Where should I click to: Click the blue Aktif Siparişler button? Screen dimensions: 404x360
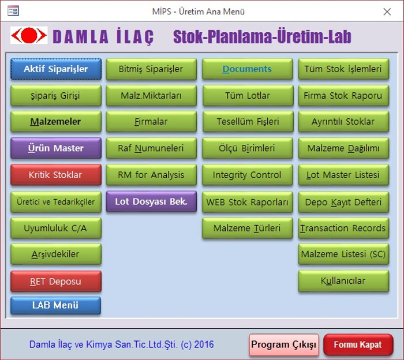point(56,69)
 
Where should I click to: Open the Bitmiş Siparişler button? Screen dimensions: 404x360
point(151,69)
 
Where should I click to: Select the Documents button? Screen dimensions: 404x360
point(248,69)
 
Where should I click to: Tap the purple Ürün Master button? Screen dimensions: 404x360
point(56,148)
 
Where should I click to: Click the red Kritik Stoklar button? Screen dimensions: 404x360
point(56,175)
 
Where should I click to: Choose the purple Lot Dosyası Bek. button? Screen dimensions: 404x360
point(151,201)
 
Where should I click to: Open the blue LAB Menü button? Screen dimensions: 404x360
point(55,305)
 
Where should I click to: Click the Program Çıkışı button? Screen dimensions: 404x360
point(284,345)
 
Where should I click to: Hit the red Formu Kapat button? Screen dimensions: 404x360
point(358,345)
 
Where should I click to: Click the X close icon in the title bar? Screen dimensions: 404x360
point(387,12)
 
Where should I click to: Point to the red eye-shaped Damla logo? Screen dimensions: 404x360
point(29,35)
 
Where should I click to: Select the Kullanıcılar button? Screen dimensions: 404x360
point(343,281)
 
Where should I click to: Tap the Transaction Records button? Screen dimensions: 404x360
point(343,228)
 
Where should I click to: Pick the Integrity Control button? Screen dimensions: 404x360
point(248,175)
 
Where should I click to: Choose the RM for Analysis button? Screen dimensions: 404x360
point(151,175)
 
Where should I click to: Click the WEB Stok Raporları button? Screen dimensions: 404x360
point(248,202)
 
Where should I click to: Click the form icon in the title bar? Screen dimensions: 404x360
point(13,11)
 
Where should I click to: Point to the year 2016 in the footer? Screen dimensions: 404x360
point(204,344)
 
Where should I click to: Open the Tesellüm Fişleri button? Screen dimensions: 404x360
point(248,122)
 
